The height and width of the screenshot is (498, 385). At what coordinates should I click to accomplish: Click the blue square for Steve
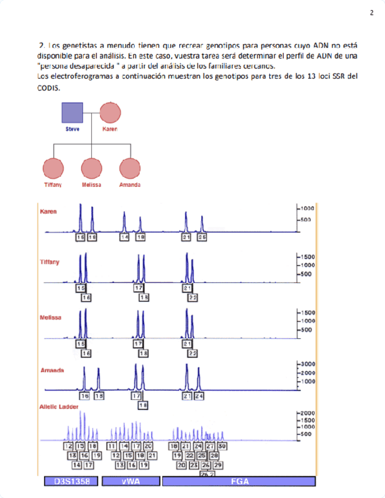[73, 113]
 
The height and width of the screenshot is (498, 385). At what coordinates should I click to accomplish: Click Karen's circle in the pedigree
[110, 113]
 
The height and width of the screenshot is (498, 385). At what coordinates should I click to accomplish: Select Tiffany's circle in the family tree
[53, 169]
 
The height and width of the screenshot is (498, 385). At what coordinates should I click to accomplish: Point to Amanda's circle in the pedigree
[129, 169]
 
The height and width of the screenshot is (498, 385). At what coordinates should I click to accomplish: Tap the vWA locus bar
[131, 482]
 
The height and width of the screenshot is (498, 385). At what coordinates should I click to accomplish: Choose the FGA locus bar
[240, 482]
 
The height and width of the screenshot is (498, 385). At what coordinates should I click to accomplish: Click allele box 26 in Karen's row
[202, 237]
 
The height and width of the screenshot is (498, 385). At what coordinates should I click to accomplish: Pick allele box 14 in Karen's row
[124, 237]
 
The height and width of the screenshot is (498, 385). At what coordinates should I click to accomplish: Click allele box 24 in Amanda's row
[199, 396]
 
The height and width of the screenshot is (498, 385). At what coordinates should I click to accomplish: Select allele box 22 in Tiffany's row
[192, 298]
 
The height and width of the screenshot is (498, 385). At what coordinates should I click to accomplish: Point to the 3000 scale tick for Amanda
[309, 364]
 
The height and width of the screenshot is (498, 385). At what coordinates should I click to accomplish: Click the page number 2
[371, 13]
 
